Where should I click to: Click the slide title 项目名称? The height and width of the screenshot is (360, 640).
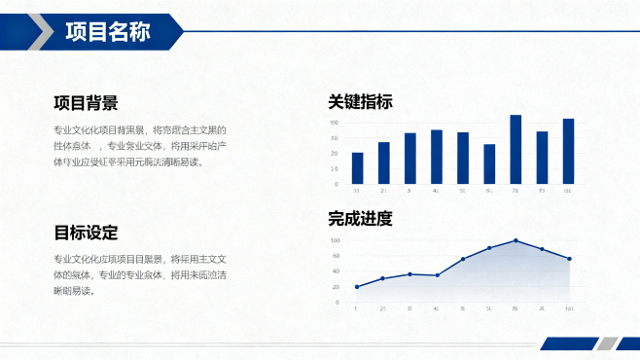107,32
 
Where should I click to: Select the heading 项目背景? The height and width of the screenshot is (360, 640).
87,103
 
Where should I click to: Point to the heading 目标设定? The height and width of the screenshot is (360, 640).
87,233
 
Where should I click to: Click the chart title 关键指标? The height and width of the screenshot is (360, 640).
361,102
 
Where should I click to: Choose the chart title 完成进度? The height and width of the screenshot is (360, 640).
361,219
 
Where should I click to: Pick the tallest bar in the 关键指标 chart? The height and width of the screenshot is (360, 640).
516,149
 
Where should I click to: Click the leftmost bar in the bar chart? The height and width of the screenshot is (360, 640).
357,167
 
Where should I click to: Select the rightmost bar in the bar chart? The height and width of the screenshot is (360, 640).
568,151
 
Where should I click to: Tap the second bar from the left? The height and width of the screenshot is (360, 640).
383,162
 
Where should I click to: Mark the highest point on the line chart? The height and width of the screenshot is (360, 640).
516,240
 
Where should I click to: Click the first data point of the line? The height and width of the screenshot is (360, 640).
357,287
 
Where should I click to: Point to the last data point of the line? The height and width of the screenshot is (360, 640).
569,259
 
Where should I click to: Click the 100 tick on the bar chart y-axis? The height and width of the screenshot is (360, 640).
334,123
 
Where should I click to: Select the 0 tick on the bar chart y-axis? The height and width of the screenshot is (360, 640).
336,184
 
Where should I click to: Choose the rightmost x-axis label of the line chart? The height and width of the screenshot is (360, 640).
569,308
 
